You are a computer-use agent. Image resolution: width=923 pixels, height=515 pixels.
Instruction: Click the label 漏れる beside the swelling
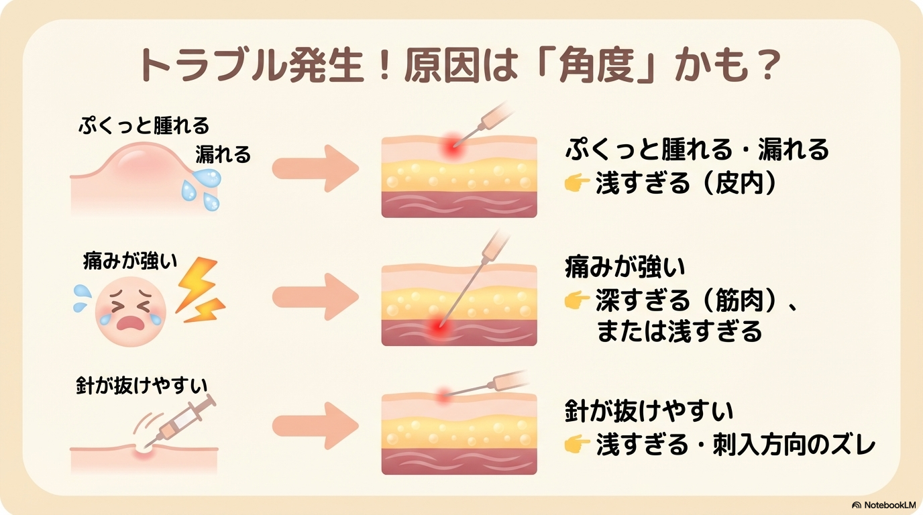[x=223, y=155]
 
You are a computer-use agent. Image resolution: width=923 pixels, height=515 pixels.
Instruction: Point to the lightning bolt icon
[x=199, y=292]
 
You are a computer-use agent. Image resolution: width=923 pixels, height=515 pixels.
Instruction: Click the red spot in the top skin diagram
[x=453, y=147]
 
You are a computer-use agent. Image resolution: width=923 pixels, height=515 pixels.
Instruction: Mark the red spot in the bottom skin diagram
[x=443, y=396]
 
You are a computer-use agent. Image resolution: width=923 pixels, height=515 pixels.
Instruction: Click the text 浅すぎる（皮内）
[x=686, y=184]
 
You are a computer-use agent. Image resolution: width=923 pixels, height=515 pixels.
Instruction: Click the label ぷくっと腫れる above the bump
[x=144, y=125]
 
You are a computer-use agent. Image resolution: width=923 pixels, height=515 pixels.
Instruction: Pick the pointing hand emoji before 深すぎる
[x=576, y=302]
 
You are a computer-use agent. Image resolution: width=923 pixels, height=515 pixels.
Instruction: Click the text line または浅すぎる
[x=680, y=331]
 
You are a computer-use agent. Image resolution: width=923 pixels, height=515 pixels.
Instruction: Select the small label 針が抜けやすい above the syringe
[x=142, y=387]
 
